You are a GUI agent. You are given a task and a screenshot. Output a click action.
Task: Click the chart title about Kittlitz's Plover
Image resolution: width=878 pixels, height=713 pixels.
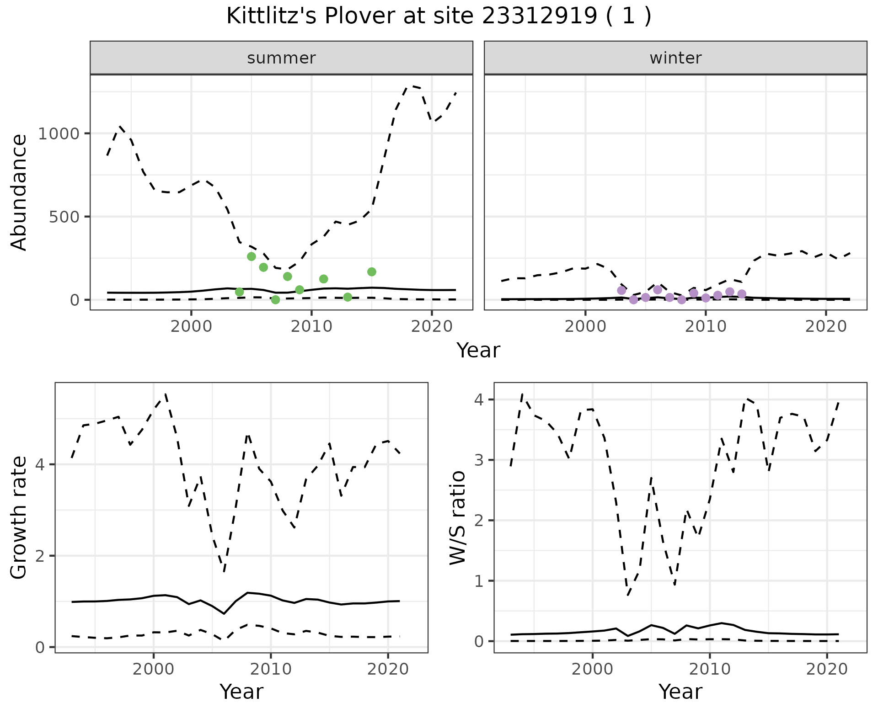click(x=439, y=16)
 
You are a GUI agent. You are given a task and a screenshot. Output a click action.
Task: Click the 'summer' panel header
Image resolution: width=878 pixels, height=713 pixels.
click(x=281, y=58)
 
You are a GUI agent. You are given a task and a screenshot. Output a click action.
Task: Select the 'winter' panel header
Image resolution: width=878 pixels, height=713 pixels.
click(x=675, y=58)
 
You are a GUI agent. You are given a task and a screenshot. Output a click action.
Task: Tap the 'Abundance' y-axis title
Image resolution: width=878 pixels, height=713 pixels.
click(x=19, y=192)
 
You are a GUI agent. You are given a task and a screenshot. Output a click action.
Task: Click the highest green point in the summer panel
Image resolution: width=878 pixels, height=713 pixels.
click(x=251, y=256)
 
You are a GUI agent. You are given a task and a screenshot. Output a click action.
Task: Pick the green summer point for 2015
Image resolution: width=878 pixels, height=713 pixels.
click(x=371, y=272)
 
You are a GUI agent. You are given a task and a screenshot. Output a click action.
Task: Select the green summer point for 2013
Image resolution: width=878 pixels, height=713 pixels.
click(x=348, y=297)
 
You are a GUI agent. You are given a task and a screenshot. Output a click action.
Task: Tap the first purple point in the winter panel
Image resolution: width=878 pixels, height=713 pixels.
click(x=621, y=290)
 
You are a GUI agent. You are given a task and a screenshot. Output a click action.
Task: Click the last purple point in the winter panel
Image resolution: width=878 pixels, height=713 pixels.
click(x=742, y=294)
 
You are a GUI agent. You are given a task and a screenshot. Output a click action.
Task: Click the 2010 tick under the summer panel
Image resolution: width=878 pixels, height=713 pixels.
click(x=311, y=327)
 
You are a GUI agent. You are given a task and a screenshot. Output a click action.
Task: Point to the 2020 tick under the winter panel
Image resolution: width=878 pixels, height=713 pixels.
click(x=825, y=327)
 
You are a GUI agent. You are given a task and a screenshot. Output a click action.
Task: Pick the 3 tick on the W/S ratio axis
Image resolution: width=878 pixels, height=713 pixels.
click(x=478, y=460)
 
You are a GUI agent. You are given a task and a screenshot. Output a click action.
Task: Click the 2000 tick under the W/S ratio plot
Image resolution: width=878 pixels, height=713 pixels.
click(x=593, y=670)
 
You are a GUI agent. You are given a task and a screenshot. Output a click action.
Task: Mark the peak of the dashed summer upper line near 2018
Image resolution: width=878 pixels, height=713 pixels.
click(x=408, y=85)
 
